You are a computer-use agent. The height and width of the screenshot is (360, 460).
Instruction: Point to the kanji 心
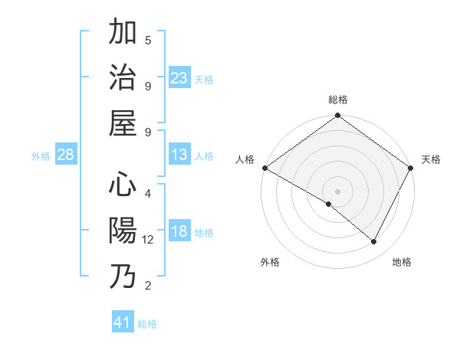tap(123, 185)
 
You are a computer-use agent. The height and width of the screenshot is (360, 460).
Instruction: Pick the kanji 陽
tap(123, 231)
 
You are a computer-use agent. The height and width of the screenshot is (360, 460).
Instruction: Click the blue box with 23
tap(179, 78)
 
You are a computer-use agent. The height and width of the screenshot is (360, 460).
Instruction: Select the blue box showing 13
tap(179, 155)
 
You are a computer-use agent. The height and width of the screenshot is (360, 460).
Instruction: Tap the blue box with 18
tap(179, 232)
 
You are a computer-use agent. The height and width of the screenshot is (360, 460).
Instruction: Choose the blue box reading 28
tap(66, 155)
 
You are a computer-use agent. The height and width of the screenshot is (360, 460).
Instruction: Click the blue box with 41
tap(123, 322)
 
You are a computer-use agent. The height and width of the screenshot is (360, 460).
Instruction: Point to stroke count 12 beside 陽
tap(148, 240)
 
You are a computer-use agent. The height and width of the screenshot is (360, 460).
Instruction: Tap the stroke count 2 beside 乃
tap(148, 286)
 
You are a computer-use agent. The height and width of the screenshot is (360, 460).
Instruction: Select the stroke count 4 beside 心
tap(148, 193)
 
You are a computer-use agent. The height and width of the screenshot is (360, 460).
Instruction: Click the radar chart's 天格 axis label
tap(431, 159)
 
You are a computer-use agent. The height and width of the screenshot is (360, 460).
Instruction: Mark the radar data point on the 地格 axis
tap(374, 242)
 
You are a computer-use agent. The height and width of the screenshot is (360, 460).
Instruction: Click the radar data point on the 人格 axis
tap(264, 168)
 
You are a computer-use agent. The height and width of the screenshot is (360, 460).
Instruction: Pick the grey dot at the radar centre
tap(337, 191)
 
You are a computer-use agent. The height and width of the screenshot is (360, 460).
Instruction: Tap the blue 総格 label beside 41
tap(147, 324)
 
